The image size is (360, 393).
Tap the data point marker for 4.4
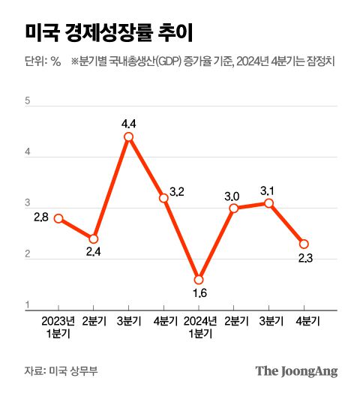[x=129, y=137]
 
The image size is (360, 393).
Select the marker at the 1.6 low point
[x=199, y=280]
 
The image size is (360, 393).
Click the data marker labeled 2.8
[x=58, y=218]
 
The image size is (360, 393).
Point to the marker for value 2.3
[x=304, y=244]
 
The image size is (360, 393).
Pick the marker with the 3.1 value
[x=268, y=203]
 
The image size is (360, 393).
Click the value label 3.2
[x=178, y=192]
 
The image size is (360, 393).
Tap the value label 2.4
[x=94, y=252]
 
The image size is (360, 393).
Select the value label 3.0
[x=232, y=196]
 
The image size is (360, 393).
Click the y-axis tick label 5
[x=28, y=100]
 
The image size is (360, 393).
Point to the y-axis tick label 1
[x=28, y=305]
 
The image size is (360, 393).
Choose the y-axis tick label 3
[x=28, y=203]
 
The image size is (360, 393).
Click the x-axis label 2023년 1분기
[x=58, y=327]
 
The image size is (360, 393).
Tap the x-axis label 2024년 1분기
[x=199, y=327]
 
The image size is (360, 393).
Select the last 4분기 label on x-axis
[x=304, y=321]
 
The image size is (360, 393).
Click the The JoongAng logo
[x=296, y=370]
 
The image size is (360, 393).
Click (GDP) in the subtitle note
[x=166, y=62]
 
